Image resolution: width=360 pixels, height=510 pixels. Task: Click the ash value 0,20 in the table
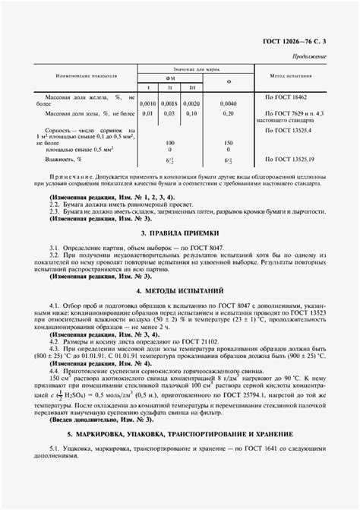pyautogui.click(x=229, y=113)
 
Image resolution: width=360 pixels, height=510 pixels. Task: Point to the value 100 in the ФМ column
pyautogui.click(x=171, y=142)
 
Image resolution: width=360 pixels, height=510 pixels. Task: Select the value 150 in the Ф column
pyautogui.click(x=229, y=142)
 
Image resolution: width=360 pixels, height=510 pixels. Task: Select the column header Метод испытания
pyautogui.click(x=293, y=76)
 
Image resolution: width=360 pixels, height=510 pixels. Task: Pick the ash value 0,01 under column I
pyautogui.click(x=147, y=113)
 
